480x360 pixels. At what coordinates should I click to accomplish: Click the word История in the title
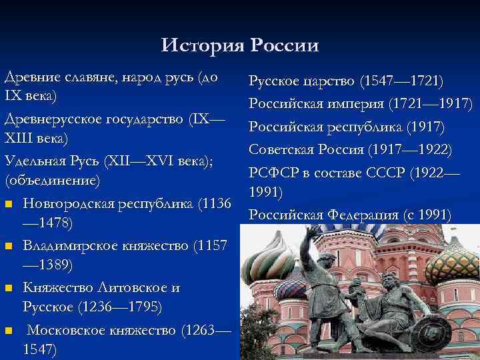203,46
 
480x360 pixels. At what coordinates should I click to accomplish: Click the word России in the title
285,46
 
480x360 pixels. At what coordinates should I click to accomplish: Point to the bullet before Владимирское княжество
9,245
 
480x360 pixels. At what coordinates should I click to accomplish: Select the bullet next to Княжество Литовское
9,287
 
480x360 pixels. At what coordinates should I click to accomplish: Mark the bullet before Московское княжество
9,330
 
